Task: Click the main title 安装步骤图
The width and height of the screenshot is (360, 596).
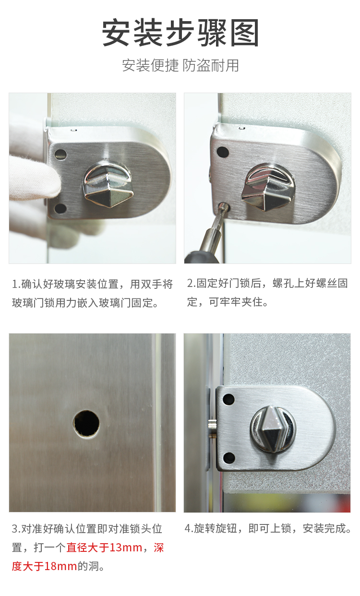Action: [x=180, y=33]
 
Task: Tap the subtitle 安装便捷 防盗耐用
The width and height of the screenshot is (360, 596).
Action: [x=180, y=65]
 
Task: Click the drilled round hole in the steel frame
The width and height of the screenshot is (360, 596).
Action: [x=86, y=424]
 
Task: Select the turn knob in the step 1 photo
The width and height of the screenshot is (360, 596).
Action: [x=108, y=183]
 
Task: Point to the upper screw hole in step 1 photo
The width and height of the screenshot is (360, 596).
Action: [x=60, y=155]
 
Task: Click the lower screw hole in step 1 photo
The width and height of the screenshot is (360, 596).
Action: [x=60, y=209]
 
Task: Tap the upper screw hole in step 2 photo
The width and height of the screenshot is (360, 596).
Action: [x=223, y=152]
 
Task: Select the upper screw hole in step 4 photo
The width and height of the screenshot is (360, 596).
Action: [x=228, y=399]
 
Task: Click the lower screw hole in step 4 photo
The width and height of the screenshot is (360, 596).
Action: [x=229, y=458]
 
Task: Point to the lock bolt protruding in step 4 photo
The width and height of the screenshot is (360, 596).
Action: [x=212, y=428]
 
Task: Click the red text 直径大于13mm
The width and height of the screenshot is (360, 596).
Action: [x=104, y=548]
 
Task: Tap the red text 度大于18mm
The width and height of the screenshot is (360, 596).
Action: [x=44, y=566]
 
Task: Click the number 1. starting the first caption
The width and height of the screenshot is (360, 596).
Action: [x=16, y=285]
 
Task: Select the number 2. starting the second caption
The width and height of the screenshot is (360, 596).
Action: [x=192, y=284]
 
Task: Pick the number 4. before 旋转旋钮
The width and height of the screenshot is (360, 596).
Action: [x=189, y=528]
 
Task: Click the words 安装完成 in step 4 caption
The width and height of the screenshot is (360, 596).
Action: [x=324, y=528]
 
